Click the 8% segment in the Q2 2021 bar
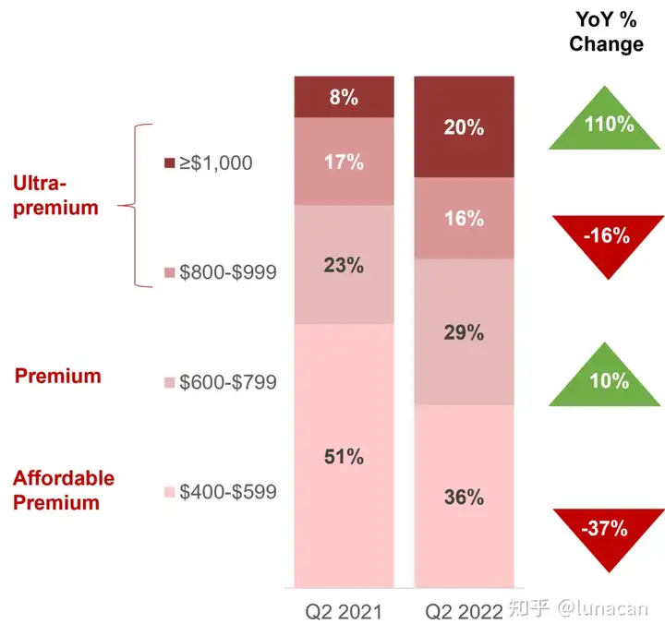pos(344,97)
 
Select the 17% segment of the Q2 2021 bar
pos(344,162)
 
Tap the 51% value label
pos(344,457)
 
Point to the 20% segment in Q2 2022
pos(464,126)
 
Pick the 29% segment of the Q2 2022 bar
pos(464,332)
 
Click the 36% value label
pos(464,497)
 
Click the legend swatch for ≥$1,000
pos(170,162)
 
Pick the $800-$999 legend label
pos(228,272)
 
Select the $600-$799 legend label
pos(228,382)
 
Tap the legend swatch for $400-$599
pos(170,492)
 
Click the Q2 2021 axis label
pos(344,612)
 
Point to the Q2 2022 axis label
pos(464,612)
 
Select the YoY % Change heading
pos(607,31)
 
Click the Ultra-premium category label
pos(55,196)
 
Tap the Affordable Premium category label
pos(64,490)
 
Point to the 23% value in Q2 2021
pos(344,265)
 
